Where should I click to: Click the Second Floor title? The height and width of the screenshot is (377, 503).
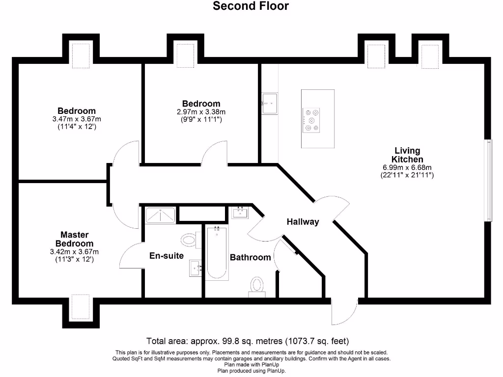tap(251, 6)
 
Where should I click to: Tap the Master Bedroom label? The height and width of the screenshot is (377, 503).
tap(74, 239)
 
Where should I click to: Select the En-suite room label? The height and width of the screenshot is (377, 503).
tap(167, 256)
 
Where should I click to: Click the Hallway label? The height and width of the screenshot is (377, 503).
tap(303, 222)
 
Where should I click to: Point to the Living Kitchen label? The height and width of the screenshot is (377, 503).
tap(407, 155)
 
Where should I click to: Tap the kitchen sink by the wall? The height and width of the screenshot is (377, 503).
tap(269, 104)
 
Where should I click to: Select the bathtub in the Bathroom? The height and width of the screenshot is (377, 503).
tap(216, 253)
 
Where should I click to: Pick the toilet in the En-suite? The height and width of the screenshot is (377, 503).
tap(189, 240)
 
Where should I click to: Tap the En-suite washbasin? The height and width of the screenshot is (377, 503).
tap(195, 268)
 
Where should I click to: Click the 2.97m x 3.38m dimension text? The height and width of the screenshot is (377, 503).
tap(201, 112)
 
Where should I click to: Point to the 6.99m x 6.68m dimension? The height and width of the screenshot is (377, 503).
tap(407, 167)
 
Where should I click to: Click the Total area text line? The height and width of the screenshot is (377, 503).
tap(248, 341)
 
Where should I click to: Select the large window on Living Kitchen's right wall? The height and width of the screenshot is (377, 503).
tap(488, 180)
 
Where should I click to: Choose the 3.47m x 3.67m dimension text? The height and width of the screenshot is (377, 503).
tap(76, 119)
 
